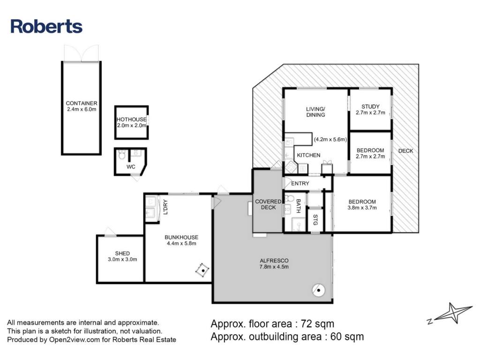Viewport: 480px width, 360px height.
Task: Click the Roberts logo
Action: tap(46, 26)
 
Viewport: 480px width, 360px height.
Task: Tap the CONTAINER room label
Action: tap(82, 103)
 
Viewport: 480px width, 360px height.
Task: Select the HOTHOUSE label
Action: tap(132, 120)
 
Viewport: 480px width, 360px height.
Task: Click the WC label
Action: tap(131, 167)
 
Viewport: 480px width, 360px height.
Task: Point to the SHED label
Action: tap(122, 254)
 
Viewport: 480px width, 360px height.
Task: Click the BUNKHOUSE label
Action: tap(181, 237)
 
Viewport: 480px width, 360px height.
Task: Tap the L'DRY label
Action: tap(165, 207)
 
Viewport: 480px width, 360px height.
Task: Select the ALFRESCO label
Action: tap(274, 261)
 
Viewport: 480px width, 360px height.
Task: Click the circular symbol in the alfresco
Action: tap(318, 290)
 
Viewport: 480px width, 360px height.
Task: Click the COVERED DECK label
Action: tap(268, 204)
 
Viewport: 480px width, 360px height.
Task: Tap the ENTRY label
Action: tap(300, 183)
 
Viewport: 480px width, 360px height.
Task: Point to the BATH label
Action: tap(298, 206)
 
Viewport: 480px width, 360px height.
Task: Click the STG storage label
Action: tap(315, 220)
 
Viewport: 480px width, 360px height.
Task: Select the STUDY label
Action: tap(370, 106)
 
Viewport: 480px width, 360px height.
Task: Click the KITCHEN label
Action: tap(308, 155)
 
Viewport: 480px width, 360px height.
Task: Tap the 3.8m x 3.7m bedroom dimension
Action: tap(362, 208)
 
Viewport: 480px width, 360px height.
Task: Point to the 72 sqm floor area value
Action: tap(317, 323)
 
